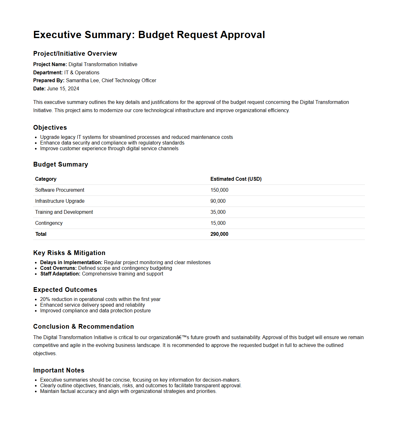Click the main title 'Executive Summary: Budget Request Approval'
149,35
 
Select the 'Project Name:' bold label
50,65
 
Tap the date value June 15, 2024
63,89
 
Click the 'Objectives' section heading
50,128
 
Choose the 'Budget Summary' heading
61,164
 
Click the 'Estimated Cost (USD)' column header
236,179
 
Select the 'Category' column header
46,179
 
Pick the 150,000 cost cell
219,190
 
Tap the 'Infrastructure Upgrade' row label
60,201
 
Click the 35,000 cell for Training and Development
218,212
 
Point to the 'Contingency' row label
49,223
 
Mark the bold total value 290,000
219,234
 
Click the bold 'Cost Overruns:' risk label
58,268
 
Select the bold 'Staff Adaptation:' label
60,274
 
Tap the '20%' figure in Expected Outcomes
45,299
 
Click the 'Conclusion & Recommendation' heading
84,326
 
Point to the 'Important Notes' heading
59,370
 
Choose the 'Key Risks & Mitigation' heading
69,253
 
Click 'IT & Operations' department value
82,73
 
